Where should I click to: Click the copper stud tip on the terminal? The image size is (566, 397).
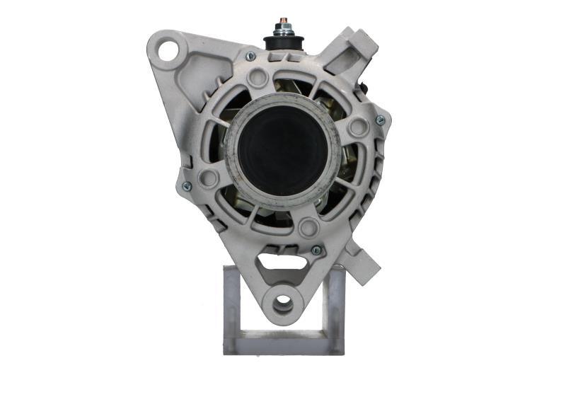click(283, 19)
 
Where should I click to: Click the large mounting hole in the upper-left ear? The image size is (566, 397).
click(168, 50)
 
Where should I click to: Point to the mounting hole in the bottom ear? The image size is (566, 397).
click(283, 302)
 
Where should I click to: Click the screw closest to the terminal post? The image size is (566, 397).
click(250, 57)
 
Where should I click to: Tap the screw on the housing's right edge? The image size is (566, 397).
click(380, 121)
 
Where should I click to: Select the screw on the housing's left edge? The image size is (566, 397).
click(187, 186)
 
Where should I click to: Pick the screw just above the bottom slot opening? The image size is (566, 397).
click(316, 250)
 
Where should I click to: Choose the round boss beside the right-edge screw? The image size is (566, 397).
click(359, 127)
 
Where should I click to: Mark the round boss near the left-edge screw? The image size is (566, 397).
click(208, 178)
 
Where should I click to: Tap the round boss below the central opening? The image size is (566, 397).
click(308, 228)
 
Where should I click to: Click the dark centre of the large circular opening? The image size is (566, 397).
click(283, 150)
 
